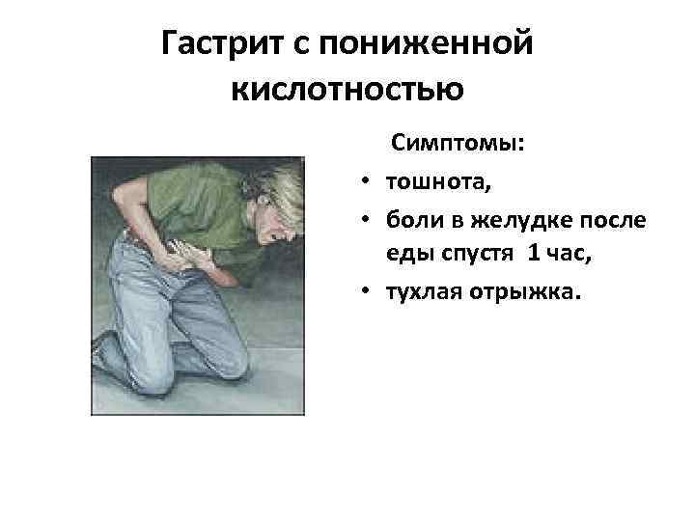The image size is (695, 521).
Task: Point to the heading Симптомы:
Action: point(458,144)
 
